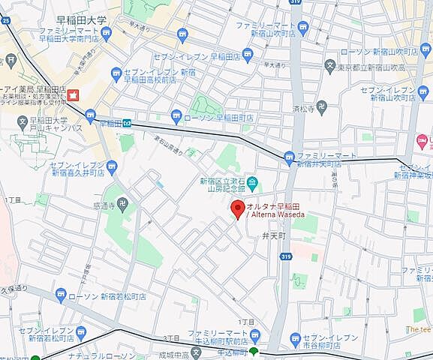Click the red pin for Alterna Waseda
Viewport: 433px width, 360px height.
pyautogui.click(x=236, y=208)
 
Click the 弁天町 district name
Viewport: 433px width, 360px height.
pyautogui.click(x=274, y=235)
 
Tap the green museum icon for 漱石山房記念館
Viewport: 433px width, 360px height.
pyautogui.click(x=253, y=181)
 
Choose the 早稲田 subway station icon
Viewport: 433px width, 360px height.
pyautogui.click(x=128, y=124)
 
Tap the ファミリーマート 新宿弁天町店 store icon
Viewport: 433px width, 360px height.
pyautogui.click(x=289, y=156)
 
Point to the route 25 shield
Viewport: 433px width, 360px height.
pyautogui.click(x=6, y=22)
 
